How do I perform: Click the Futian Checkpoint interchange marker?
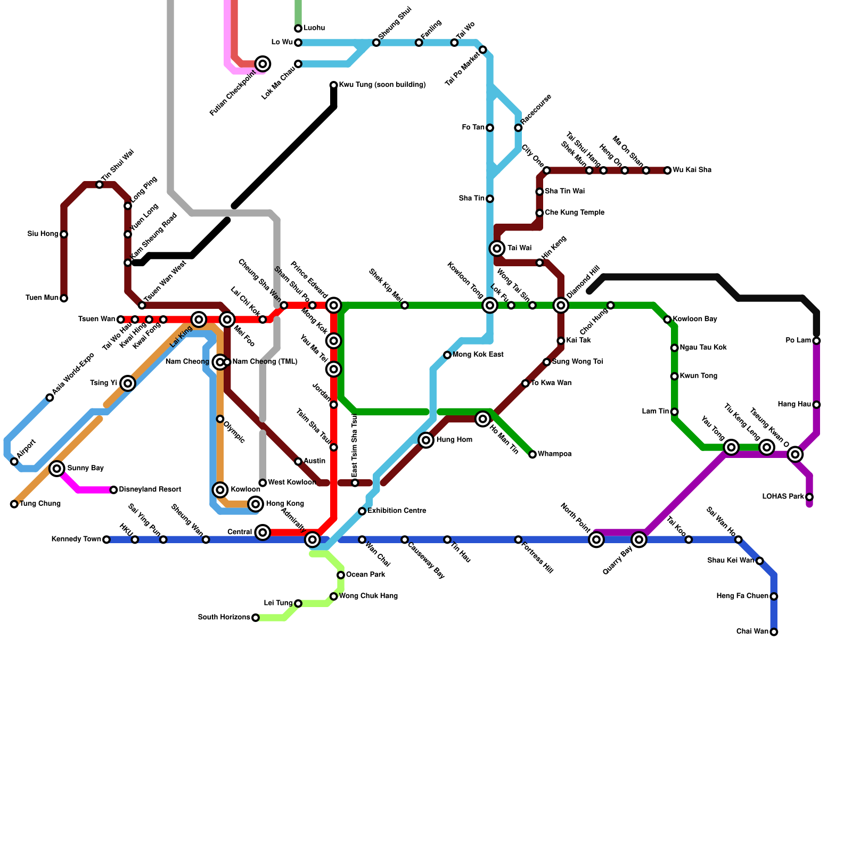[263, 64]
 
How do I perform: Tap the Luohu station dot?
[298, 28]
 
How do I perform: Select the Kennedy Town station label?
[76, 539]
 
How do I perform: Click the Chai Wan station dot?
[774, 632]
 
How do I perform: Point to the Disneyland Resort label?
[150, 489]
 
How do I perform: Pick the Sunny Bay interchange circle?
[57, 469]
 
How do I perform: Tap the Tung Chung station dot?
[14, 504]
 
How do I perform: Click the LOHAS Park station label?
[783, 497]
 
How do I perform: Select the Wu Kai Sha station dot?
[667, 170]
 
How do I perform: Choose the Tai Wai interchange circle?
[497, 248]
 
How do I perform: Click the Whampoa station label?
[554, 454]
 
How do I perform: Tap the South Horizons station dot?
[256, 618]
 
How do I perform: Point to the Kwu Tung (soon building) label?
[382, 85]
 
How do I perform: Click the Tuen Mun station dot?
[64, 298]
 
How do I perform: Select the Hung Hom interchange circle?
[426, 440]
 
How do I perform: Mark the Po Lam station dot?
[816, 341]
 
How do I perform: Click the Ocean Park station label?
[365, 575]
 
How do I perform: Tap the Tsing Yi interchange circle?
[128, 383]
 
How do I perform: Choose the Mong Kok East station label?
[478, 355]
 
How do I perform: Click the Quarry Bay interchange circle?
[639, 539]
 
